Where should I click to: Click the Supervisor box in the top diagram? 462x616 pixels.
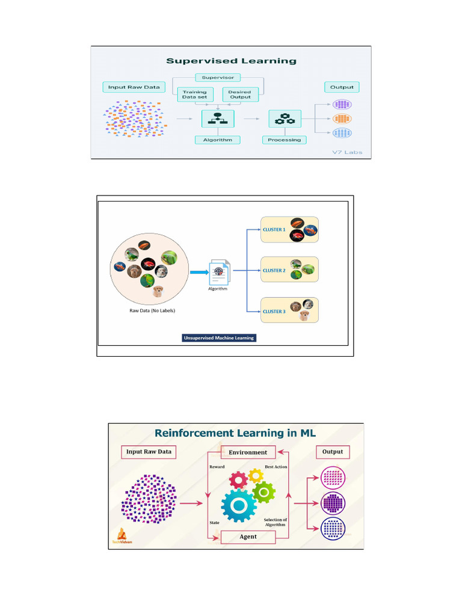[x=218, y=78]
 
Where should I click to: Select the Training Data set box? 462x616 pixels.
[x=194, y=94]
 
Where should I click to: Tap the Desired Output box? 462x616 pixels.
[x=240, y=94]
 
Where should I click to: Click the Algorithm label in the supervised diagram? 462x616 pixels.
[x=217, y=140]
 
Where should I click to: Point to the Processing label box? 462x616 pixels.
[x=285, y=140]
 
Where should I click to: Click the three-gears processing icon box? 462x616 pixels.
[x=285, y=119]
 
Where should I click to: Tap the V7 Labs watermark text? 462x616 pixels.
[x=351, y=152]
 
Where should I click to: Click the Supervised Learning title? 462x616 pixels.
[x=231, y=61]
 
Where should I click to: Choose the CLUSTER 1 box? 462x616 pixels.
[x=289, y=229]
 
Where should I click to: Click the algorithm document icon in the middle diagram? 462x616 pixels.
[x=218, y=272]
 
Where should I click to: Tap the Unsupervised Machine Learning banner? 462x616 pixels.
[x=219, y=338]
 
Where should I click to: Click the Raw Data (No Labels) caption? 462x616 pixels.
[x=152, y=310]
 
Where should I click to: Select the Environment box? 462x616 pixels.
[x=248, y=452]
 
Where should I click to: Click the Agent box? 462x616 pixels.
[x=248, y=537]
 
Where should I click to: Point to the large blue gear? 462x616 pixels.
[x=239, y=505]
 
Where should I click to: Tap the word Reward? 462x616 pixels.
[x=217, y=467]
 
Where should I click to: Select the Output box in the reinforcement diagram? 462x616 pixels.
[x=333, y=452]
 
